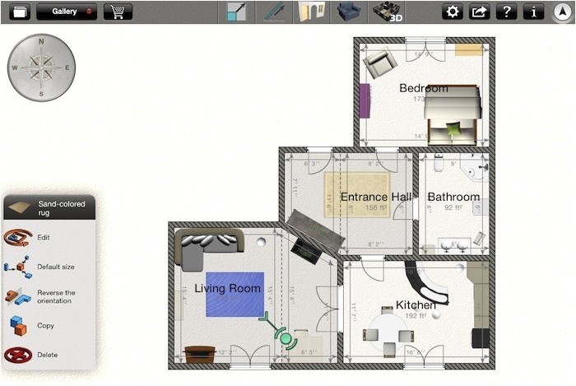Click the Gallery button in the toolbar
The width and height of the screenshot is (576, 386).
coord(66,12)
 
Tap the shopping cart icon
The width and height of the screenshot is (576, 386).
coord(118,12)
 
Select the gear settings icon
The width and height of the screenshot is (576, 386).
coord(452,12)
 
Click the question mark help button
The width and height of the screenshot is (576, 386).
coord(506,12)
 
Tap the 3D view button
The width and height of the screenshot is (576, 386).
coord(392,12)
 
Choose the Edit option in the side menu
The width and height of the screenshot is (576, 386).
coord(43,238)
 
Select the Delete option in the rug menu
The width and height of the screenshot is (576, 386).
coord(47,355)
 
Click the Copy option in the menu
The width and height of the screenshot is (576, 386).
coord(45,325)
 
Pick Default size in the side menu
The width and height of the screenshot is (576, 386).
coord(55,267)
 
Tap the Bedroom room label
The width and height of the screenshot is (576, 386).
coord(424,88)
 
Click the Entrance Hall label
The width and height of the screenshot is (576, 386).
coord(376,197)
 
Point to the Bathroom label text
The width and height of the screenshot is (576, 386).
coord(453,197)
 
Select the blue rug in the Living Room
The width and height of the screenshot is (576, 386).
coord(235,294)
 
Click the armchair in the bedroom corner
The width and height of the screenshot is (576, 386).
coord(381,63)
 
